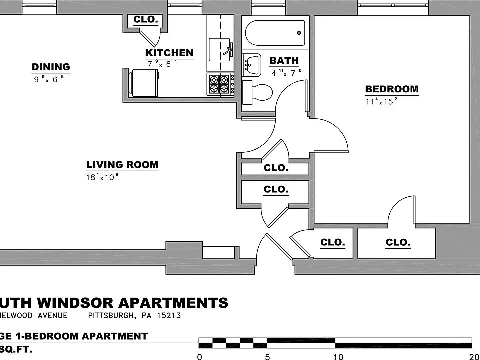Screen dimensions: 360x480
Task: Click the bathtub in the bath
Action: click(x=275, y=33)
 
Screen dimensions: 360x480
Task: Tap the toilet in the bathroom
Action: click(x=259, y=93)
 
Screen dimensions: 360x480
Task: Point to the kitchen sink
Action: click(x=220, y=49)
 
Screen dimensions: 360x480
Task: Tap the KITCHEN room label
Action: click(x=169, y=53)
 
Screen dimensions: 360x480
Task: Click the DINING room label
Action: click(x=51, y=67)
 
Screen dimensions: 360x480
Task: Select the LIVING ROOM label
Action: click(x=122, y=165)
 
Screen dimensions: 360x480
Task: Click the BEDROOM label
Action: click(x=392, y=89)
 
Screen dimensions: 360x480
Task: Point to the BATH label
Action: click(x=284, y=61)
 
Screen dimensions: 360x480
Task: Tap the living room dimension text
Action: click(x=102, y=177)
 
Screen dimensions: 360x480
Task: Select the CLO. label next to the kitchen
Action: click(x=146, y=20)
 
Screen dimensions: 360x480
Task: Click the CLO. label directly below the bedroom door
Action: click(x=398, y=243)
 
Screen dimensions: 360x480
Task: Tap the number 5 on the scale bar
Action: click(x=267, y=356)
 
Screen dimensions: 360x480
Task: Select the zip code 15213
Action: click(x=168, y=316)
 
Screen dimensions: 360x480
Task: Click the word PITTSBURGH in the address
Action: click(x=111, y=316)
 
